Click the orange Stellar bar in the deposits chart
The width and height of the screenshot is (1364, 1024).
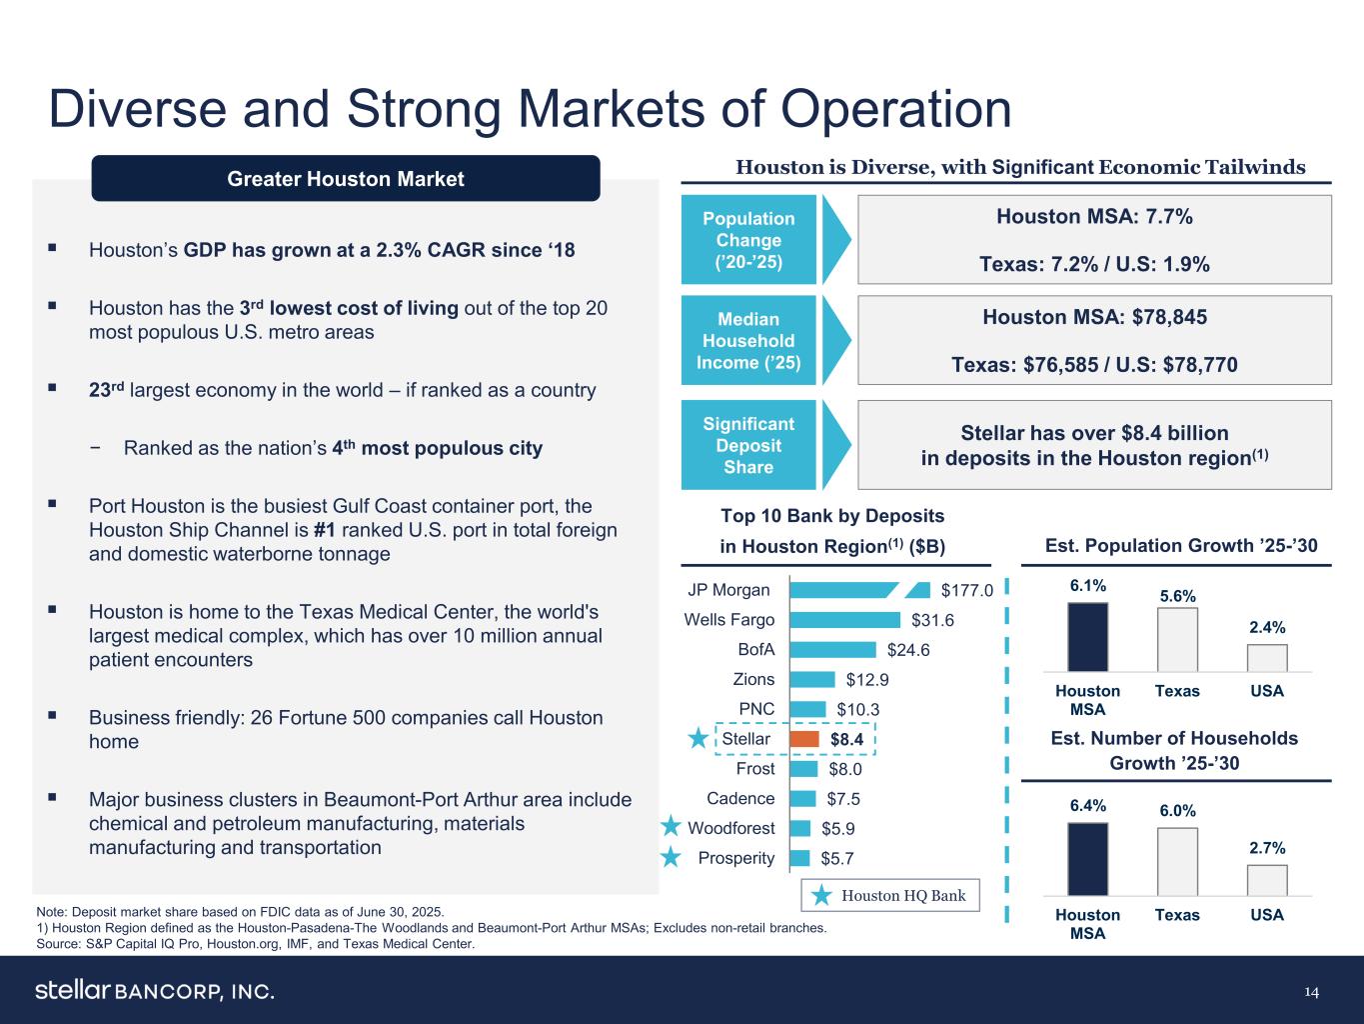[804, 739]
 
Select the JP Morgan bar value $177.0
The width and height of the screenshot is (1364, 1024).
[966, 590]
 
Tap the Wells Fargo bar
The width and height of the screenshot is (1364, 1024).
[844, 620]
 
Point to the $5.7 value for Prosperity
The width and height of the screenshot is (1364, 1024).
[837, 858]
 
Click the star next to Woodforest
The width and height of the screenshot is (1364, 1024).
[672, 827]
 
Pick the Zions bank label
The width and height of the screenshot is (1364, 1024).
[753, 680]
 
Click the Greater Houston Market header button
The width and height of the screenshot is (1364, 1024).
[346, 179]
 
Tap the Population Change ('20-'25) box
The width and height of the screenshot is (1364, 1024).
[748, 240]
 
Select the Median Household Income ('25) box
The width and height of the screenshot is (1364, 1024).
[748, 341]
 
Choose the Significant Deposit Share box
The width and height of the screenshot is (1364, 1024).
[748, 446]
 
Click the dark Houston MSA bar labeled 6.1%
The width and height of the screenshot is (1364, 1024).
[1087, 637]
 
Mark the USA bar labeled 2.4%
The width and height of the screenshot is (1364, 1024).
[1267, 658]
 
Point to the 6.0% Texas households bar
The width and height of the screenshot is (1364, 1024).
[1177, 861]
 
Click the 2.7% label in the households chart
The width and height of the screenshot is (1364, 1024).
[1267, 847]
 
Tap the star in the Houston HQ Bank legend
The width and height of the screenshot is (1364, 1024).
[821, 896]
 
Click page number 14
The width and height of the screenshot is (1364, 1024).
[1311, 992]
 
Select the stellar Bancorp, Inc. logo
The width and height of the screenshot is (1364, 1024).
[155, 991]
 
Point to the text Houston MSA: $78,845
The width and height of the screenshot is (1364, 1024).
[1094, 317]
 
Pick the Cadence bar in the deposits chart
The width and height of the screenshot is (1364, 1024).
[801, 798]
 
